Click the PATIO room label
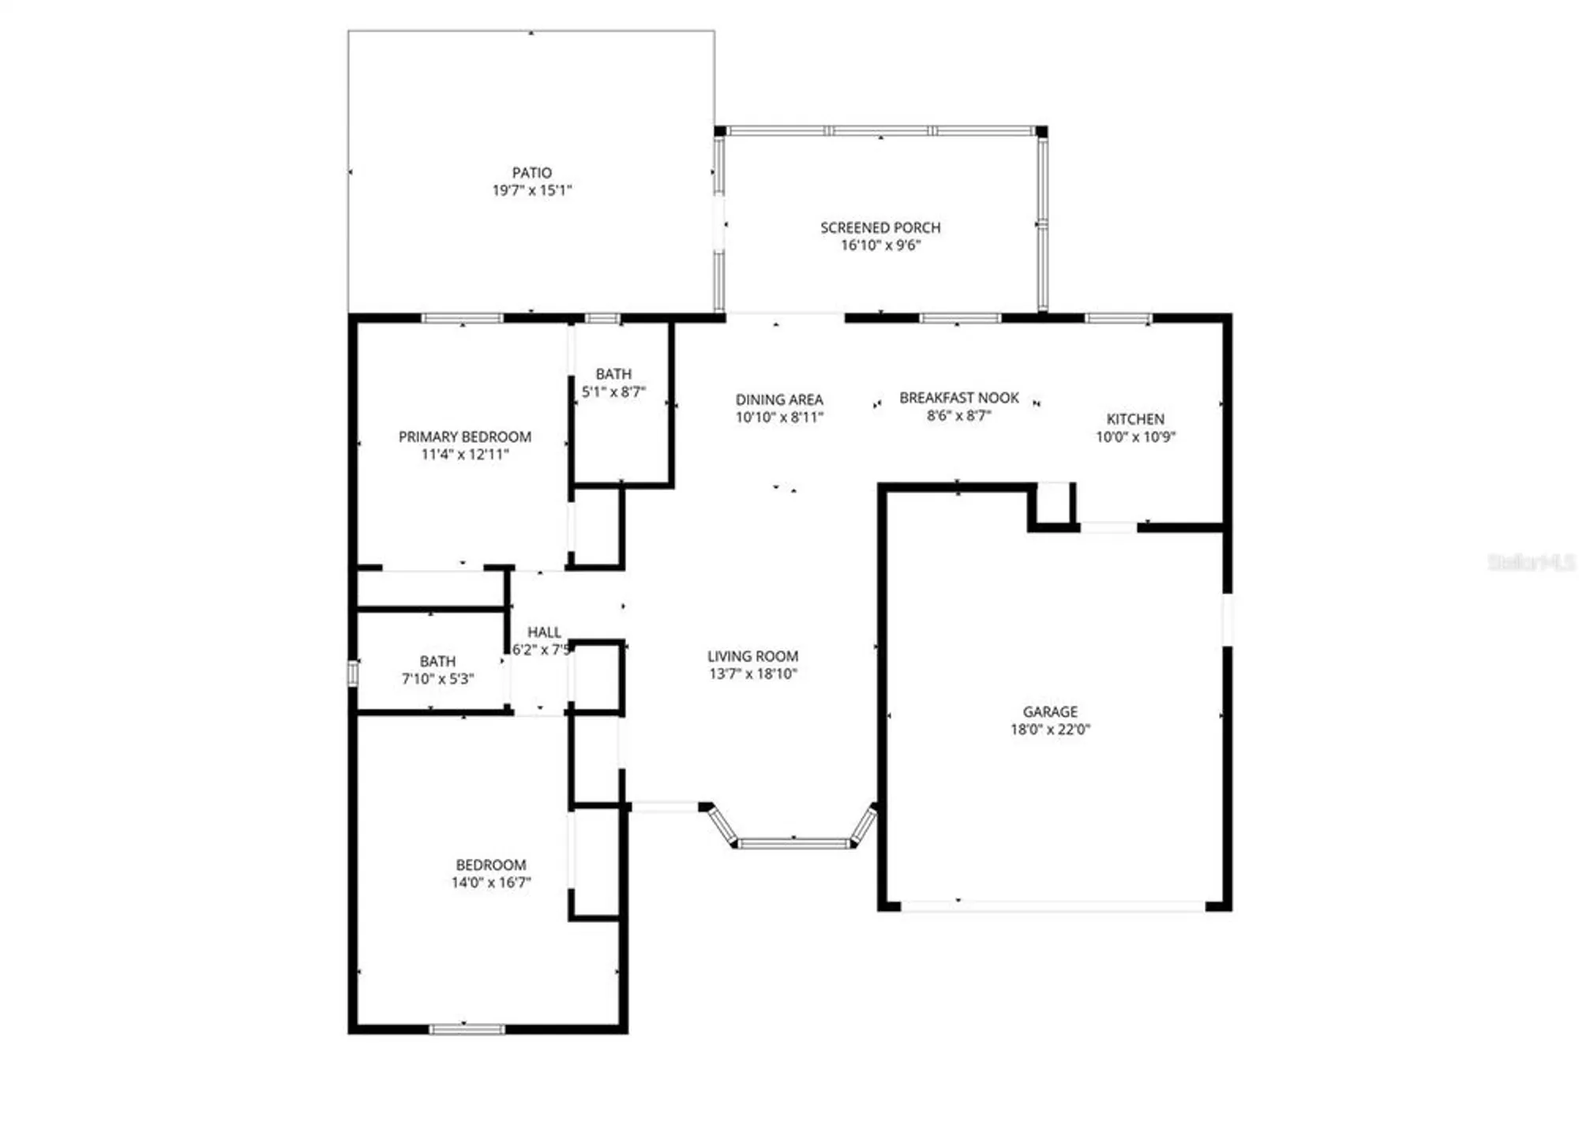pyautogui.click(x=531, y=172)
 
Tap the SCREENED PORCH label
pyautogui.click(x=880, y=227)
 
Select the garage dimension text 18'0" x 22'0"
pyautogui.click(x=1050, y=729)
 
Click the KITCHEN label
pyautogui.click(x=1135, y=419)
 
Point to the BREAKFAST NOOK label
pyautogui.click(x=959, y=398)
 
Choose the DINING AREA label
pyautogui.click(x=779, y=399)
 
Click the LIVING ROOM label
pyautogui.click(x=752, y=656)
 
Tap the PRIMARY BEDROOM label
pyautogui.click(x=464, y=436)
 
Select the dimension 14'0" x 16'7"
pyautogui.click(x=490, y=882)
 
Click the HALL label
pyautogui.click(x=544, y=632)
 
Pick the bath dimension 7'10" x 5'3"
pyautogui.click(x=437, y=679)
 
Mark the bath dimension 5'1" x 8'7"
pyautogui.click(x=613, y=392)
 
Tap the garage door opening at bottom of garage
pyautogui.click(x=1053, y=906)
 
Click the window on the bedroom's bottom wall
pyautogui.click(x=467, y=1028)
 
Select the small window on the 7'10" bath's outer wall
pyautogui.click(x=353, y=673)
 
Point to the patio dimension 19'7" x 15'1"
pyautogui.click(x=531, y=190)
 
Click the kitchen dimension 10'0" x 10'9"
pyautogui.click(x=1135, y=436)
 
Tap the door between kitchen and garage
pyautogui.click(x=1108, y=526)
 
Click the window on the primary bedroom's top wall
pyautogui.click(x=463, y=318)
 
